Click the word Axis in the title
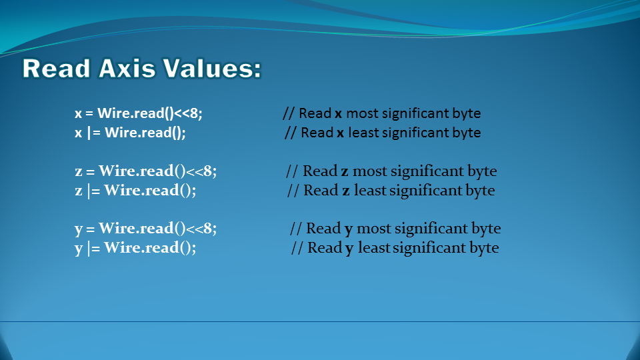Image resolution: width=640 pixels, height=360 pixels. click(127, 68)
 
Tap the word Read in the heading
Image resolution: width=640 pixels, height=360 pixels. click(56, 68)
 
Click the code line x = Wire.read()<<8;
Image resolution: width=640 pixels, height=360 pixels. click(139, 113)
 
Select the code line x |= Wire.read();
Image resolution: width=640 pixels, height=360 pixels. click(130, 133)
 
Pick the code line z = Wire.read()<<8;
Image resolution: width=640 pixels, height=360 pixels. click(146, 171)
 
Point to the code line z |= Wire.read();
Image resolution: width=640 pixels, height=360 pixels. click(135, 190)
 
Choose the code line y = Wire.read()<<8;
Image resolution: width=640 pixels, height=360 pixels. click(146, 228)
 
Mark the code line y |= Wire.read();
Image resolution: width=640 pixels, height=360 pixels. click(135, 248)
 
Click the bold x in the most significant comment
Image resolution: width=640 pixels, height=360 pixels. click(339, 114)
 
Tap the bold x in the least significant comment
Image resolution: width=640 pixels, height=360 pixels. click(341, 133)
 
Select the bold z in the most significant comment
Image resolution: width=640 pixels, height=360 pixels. click(345, 172)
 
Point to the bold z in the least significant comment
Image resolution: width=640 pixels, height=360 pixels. click(346, 191)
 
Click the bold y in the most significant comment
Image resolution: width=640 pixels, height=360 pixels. click(349, 230)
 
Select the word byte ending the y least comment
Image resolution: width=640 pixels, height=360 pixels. click(484, 248)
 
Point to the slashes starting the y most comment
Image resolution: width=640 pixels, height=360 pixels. click(296, 228)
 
